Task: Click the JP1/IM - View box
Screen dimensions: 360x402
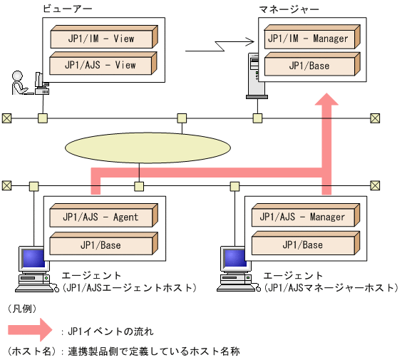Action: pyautogui.click(x=102, y=38)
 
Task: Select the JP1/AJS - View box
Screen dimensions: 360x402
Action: pyautogui.click(x=102, y=66)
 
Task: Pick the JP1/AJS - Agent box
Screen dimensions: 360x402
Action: pyautogui.click(x=102, y=217)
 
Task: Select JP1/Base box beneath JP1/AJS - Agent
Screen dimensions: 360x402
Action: pyautogui.click(x=102, y=245)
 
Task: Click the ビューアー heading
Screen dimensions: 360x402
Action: pyautogui.click(x=63, y=9)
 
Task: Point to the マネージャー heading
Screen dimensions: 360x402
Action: pyautogui.click(x=289, y=9)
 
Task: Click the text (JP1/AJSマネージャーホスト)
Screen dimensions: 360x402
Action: pyautogui.click(x=331, y=288)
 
